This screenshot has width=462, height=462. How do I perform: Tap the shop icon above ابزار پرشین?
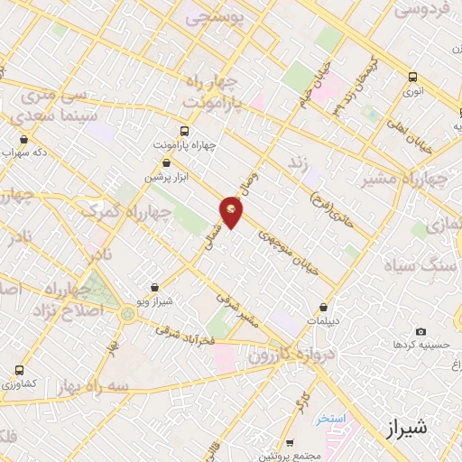[x=165, y=163]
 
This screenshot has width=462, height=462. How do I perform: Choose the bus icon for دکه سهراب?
[x=23, y=140]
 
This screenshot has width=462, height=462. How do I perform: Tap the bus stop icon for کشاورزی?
[x=19, y=370]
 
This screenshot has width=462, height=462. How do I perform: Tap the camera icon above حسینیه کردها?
[x=421, y=332]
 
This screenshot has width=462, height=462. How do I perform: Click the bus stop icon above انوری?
[x=412, y=77]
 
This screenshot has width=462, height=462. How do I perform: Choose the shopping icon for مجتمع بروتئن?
[x=288, y=443]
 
